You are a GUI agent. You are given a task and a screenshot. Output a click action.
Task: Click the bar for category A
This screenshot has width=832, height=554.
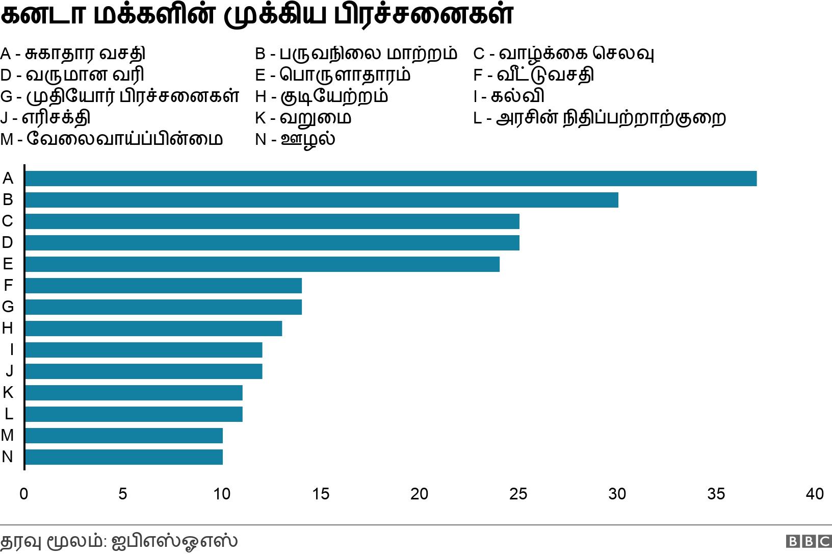click(391, 179)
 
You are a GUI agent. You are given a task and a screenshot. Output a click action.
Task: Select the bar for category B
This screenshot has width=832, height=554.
click(321, 200)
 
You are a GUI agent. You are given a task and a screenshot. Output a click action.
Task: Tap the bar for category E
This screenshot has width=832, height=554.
click(262, 264)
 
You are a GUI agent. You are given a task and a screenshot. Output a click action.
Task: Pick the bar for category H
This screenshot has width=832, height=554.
click(153, 329)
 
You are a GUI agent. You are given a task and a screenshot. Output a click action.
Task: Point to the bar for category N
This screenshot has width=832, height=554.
click(123, 457)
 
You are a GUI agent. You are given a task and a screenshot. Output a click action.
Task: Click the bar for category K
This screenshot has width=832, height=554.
click(134, 393)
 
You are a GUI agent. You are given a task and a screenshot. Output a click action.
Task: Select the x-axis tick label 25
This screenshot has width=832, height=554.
click(518, 494)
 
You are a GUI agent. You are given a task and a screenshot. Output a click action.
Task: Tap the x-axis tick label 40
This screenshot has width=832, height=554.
click(815, 494)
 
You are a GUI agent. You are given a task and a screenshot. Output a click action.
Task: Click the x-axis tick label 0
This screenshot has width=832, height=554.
click(23, 494)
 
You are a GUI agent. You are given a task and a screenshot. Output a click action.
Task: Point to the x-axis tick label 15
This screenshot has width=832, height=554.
click(321, 494)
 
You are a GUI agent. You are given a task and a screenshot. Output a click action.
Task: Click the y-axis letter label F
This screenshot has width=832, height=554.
click(8, 285)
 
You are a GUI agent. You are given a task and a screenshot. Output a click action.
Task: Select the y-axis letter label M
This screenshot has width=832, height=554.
click(7, 435)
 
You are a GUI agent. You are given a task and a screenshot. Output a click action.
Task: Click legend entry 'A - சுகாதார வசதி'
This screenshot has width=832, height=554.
click(73, 53)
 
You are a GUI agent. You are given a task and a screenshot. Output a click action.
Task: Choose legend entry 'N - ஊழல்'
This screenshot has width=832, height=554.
click(295, 139)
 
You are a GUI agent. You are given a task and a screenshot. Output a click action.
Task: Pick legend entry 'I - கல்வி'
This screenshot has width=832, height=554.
click(509, 96)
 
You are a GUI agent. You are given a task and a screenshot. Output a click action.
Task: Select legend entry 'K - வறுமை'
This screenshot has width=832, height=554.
click(303, 117)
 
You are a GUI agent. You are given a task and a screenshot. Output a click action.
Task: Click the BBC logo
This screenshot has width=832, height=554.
click(809, 541)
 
